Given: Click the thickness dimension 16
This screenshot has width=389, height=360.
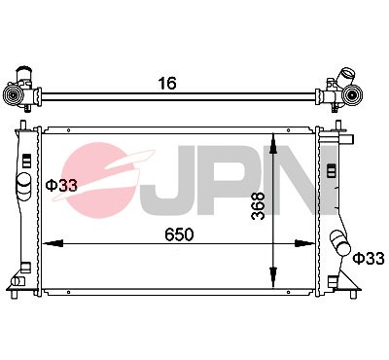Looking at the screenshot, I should [x=167, y=83].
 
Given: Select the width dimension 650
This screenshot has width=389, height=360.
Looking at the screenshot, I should [x=178, y=234].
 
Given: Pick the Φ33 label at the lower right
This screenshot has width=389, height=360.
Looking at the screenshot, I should [x=369, y=258].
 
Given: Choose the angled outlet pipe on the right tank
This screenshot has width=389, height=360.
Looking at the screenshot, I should [x=339, y=242].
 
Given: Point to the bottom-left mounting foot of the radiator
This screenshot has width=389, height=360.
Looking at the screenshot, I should [x=19, y=284].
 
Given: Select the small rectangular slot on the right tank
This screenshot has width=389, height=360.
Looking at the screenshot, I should [x=331, y=169].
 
